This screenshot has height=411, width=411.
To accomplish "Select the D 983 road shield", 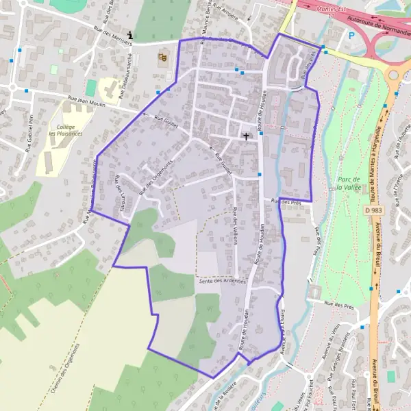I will tap(372, 210).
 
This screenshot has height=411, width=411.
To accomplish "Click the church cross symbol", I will tap(246, 136).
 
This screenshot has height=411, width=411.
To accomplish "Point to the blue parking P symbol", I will tap(352, 36).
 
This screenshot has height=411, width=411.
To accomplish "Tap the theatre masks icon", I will tap(162, 58).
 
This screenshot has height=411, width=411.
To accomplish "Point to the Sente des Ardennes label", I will tap(221, 281).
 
